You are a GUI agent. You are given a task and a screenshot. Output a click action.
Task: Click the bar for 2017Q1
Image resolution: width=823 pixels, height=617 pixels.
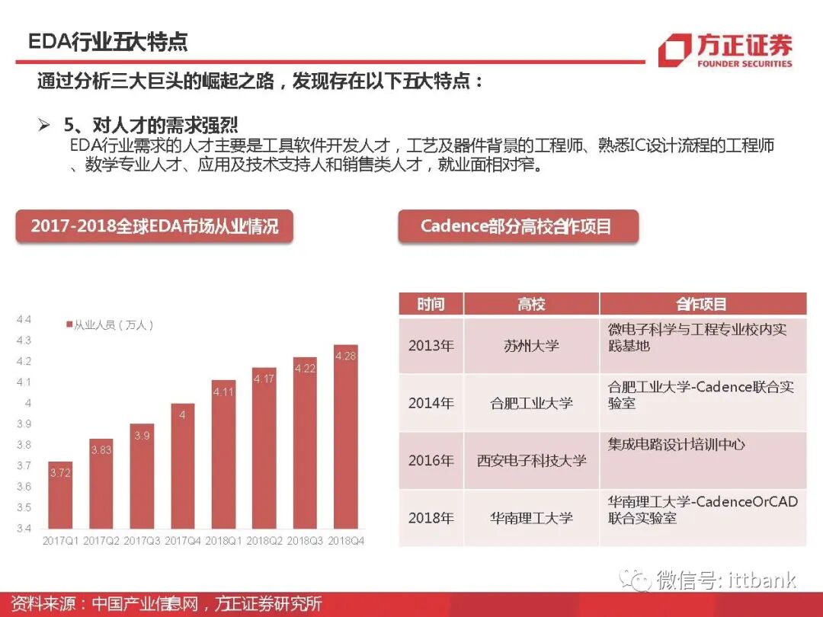pyautogui.click(x=60, y=495)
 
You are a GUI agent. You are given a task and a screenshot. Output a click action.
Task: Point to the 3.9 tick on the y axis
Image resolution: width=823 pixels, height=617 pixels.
pyautogui.click(x=24, y=424)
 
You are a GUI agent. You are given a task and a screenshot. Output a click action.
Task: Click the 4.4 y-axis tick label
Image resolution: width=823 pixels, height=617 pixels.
pyautogui.click(x=24, y=319)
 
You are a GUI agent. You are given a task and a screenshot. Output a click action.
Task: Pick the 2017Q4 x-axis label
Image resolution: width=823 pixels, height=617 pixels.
pyautogui.click(x=183, y=541)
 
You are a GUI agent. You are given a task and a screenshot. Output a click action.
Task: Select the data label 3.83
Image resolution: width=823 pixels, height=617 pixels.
pyautogui.click(x=101, y=450)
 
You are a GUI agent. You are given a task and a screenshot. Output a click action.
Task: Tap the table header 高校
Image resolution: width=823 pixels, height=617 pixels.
pyautogui.click(x=531, y=305)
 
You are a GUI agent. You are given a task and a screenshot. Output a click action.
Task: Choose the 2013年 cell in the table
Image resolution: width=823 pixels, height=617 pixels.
pyautogui.click(x=431, y=345)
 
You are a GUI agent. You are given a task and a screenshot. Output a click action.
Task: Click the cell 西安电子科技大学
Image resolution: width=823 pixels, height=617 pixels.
pyautogui.click(x=531, y=460)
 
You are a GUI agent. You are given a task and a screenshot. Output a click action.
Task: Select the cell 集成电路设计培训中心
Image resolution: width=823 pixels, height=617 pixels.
pyautogui.click(x=677, y=444)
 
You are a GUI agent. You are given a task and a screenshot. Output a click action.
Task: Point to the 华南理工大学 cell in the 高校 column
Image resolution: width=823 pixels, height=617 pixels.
pyautogui.click(x=531, y=518)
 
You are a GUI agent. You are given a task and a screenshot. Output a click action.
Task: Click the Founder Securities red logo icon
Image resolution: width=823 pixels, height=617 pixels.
pyautogui.click(x=674, y=50)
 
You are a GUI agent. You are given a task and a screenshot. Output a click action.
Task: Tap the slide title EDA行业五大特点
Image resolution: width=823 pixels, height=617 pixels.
pyautogui.click(x=107, y=41)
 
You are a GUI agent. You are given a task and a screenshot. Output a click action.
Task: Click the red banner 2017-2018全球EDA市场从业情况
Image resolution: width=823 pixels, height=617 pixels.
pyautogui.click(x=155, y=226)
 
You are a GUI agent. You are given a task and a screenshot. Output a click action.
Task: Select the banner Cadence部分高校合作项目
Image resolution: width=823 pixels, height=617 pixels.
pyautogui.click(x=517, y=226)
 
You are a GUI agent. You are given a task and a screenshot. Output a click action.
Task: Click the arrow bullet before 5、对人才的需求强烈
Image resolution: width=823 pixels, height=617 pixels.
pyautogui.click(x=43, y=125)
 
